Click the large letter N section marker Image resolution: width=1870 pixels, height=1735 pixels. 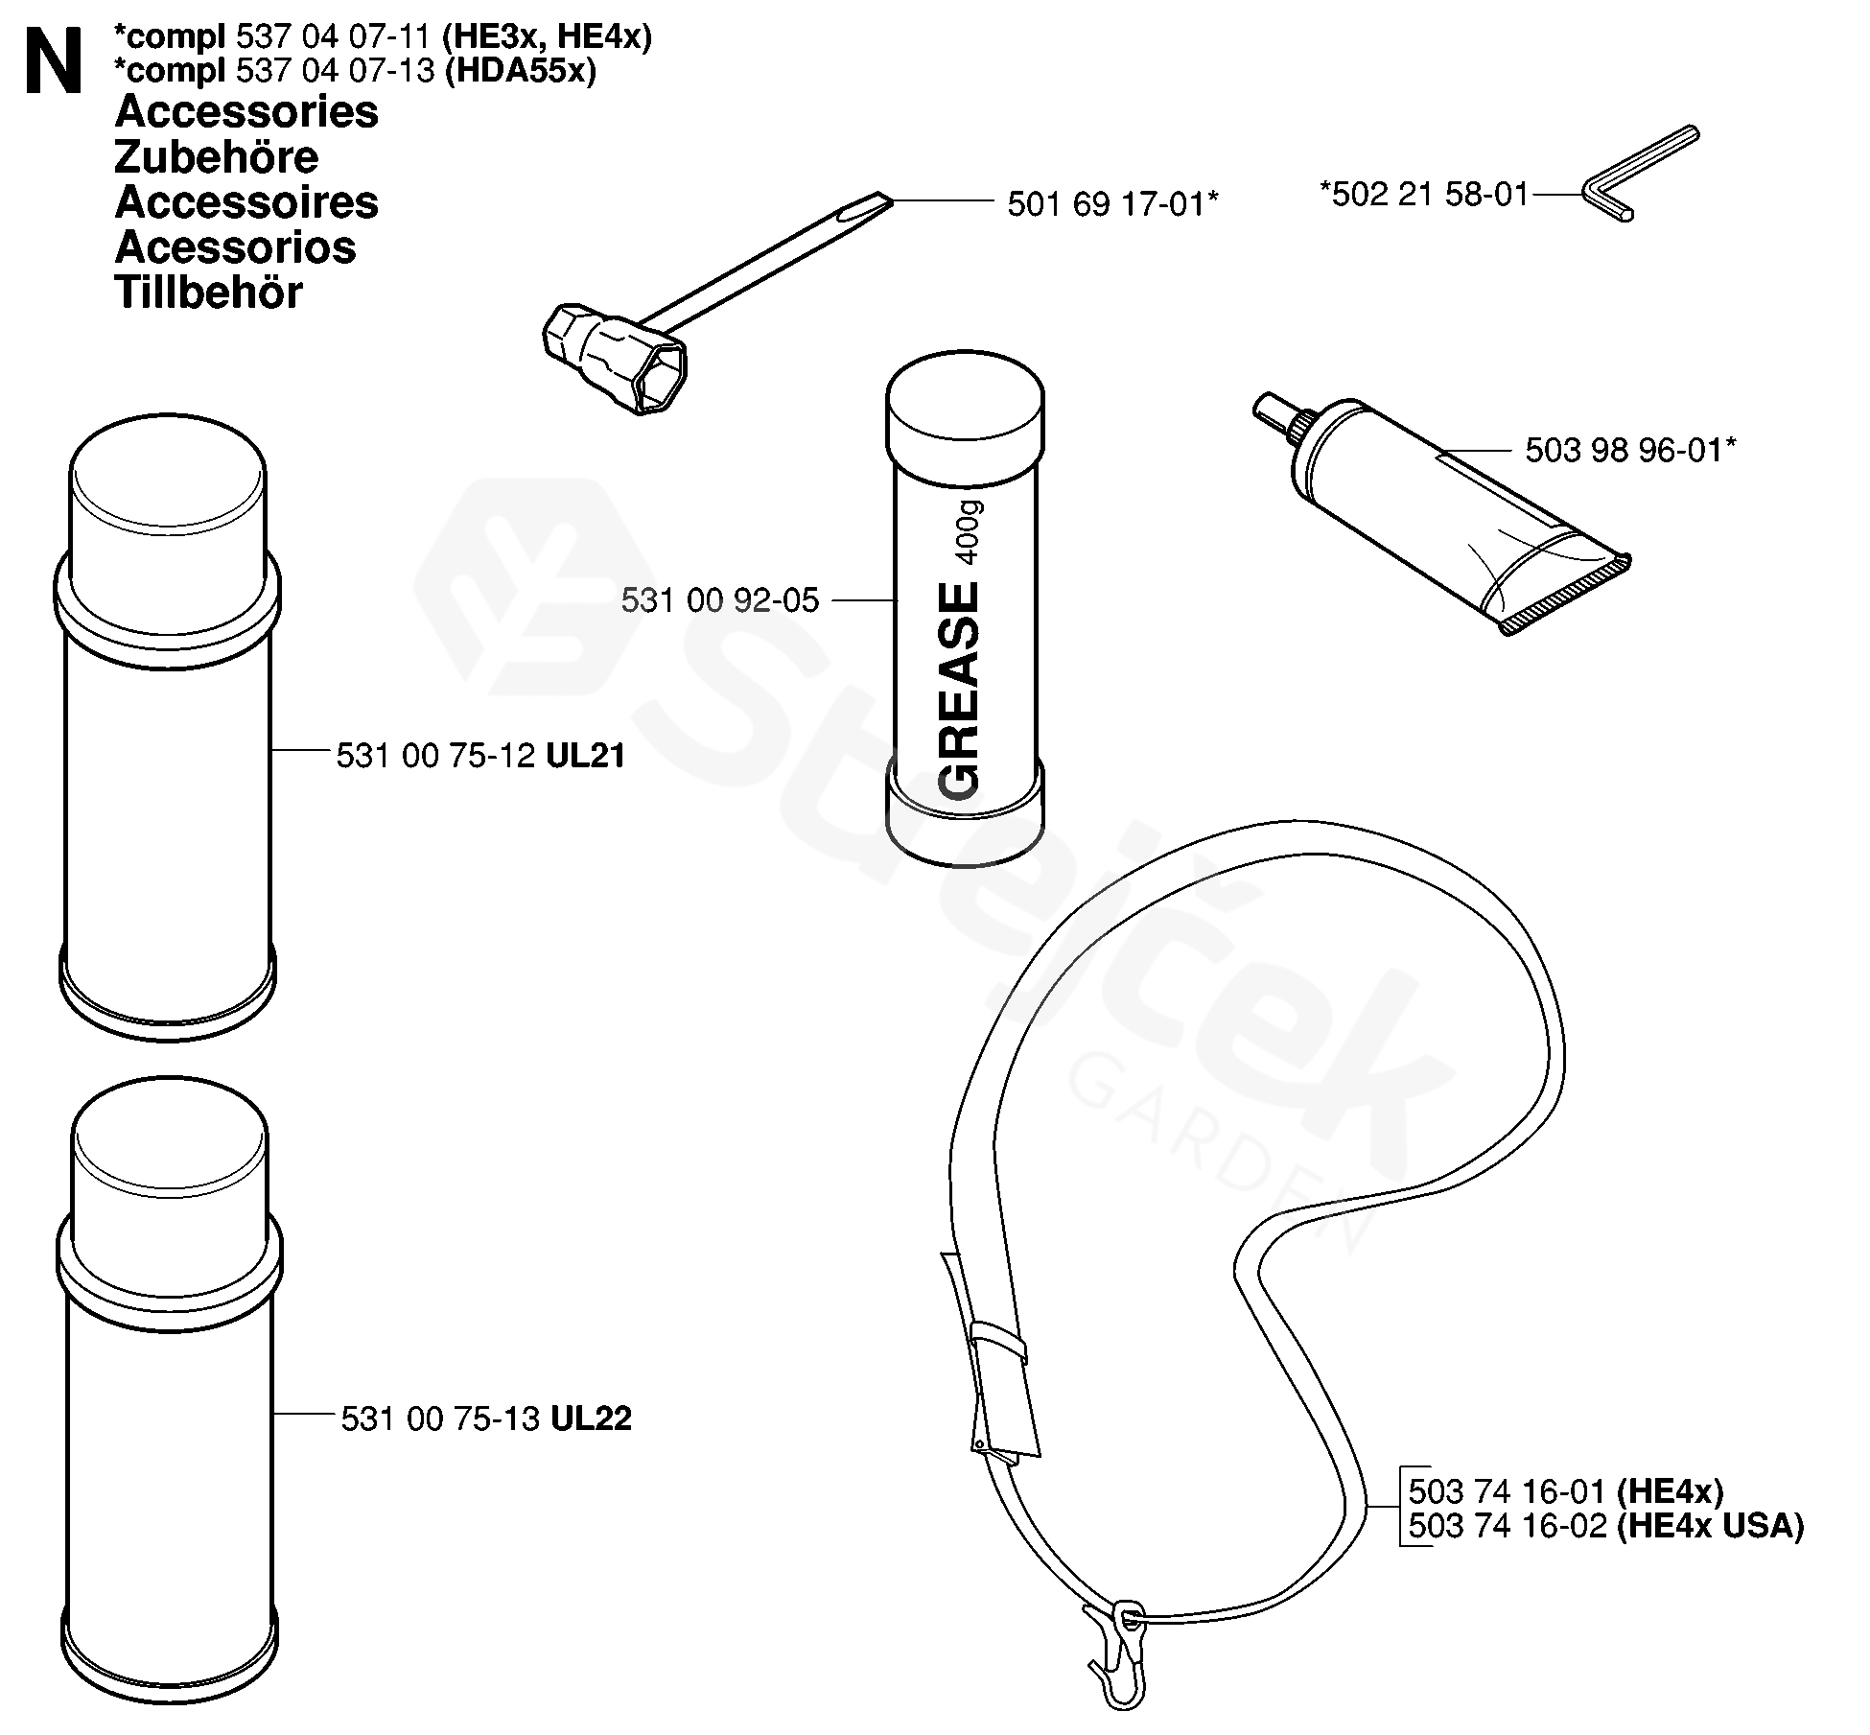pos(54,61)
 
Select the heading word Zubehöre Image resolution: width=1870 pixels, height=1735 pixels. pos(216,157)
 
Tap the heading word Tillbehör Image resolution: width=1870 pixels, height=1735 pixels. pos(208,293)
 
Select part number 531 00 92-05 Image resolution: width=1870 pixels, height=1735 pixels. pos(720,601)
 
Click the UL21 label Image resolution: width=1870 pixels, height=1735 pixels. pos(586,757)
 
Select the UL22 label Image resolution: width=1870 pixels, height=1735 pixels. pos(591,1418)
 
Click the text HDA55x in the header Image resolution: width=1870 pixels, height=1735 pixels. pos(521,71)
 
